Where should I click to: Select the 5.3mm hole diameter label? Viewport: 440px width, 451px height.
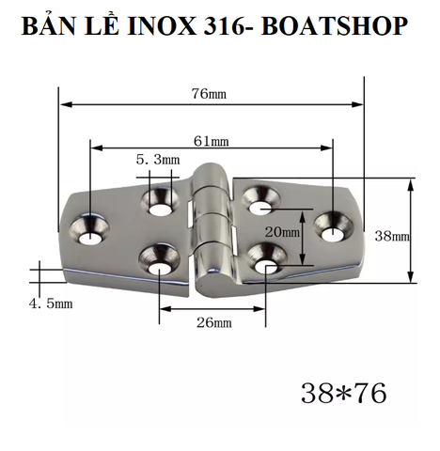point(157,161)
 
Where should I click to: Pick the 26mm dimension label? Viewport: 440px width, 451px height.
point(214,323)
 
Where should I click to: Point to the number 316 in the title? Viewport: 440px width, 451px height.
point(223,26)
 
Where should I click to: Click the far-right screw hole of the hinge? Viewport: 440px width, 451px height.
point(333,224)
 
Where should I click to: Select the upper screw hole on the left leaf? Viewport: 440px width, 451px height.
point(159,198)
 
